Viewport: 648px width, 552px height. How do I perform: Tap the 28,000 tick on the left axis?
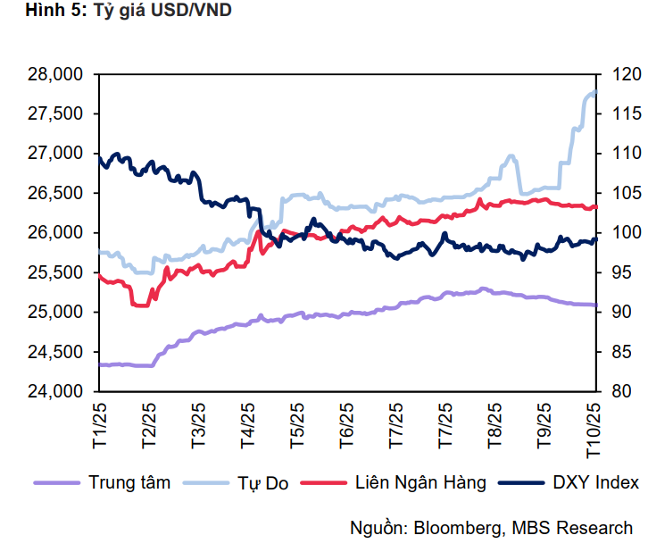pos(55,74)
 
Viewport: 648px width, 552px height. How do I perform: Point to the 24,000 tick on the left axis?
pos(55,391)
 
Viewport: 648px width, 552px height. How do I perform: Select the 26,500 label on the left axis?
pos(55,193)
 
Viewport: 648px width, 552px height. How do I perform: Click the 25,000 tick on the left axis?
pos(55,312)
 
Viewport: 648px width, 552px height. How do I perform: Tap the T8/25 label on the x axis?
pos(494,425)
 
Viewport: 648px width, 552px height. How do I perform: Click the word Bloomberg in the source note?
pos(455,528)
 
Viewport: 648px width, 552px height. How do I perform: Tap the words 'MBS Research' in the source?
pos(572,528)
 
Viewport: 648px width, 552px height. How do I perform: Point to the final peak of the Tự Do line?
pos(594,92)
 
